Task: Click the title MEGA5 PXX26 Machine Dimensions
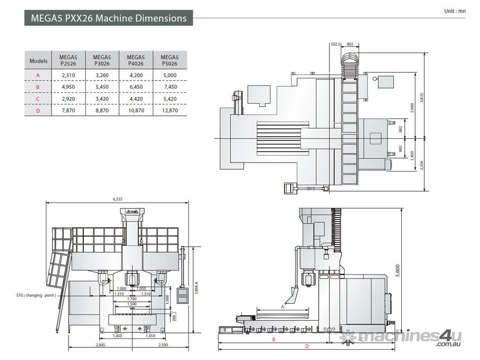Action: pyautogui.click(x=108, y=18)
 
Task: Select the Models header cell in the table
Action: pyautogui.click(x=38, y=61)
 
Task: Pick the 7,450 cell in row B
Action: pyautogui.click(x=170, y=87)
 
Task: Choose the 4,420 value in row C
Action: pyautogui.click(x=136, y=99)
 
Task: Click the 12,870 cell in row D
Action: pyautogui.click(x=170, y=111)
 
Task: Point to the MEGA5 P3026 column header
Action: pyautogui.click(x=102, y=60)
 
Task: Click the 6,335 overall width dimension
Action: pyautogui.click(x=117, y=199)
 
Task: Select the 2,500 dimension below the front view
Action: pyautogui.click(x=164, y=345)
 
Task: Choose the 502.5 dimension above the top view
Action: pyautogui.click(x=335, y=44)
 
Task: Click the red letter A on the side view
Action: pyautogui.click(x=283, y=307)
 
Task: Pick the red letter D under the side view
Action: pyautogui.click(x=307, y=346)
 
